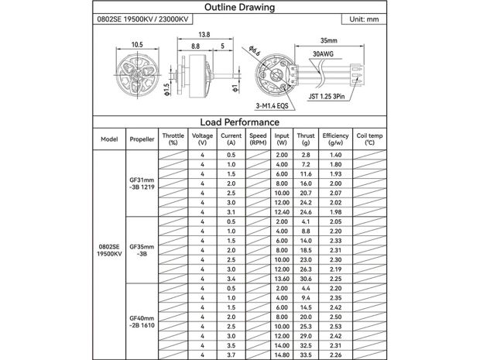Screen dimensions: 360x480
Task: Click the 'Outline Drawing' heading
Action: click(240, 8)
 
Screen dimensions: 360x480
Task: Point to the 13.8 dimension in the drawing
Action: click(205, 35)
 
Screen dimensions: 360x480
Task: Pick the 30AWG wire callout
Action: click(322, 54)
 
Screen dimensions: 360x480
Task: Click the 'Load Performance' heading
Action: click(240, 122)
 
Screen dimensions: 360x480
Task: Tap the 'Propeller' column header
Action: click(142, 139)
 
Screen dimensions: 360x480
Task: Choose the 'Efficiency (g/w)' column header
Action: click(335, 139)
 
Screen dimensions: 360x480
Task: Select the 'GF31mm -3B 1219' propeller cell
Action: click(142, 184)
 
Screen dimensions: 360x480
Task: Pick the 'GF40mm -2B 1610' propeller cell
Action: click(142, 321)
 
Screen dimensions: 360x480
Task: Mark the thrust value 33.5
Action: click(307, 355)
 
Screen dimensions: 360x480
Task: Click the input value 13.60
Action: click(281, 279)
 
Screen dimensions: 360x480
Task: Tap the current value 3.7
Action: click(231, 355)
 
